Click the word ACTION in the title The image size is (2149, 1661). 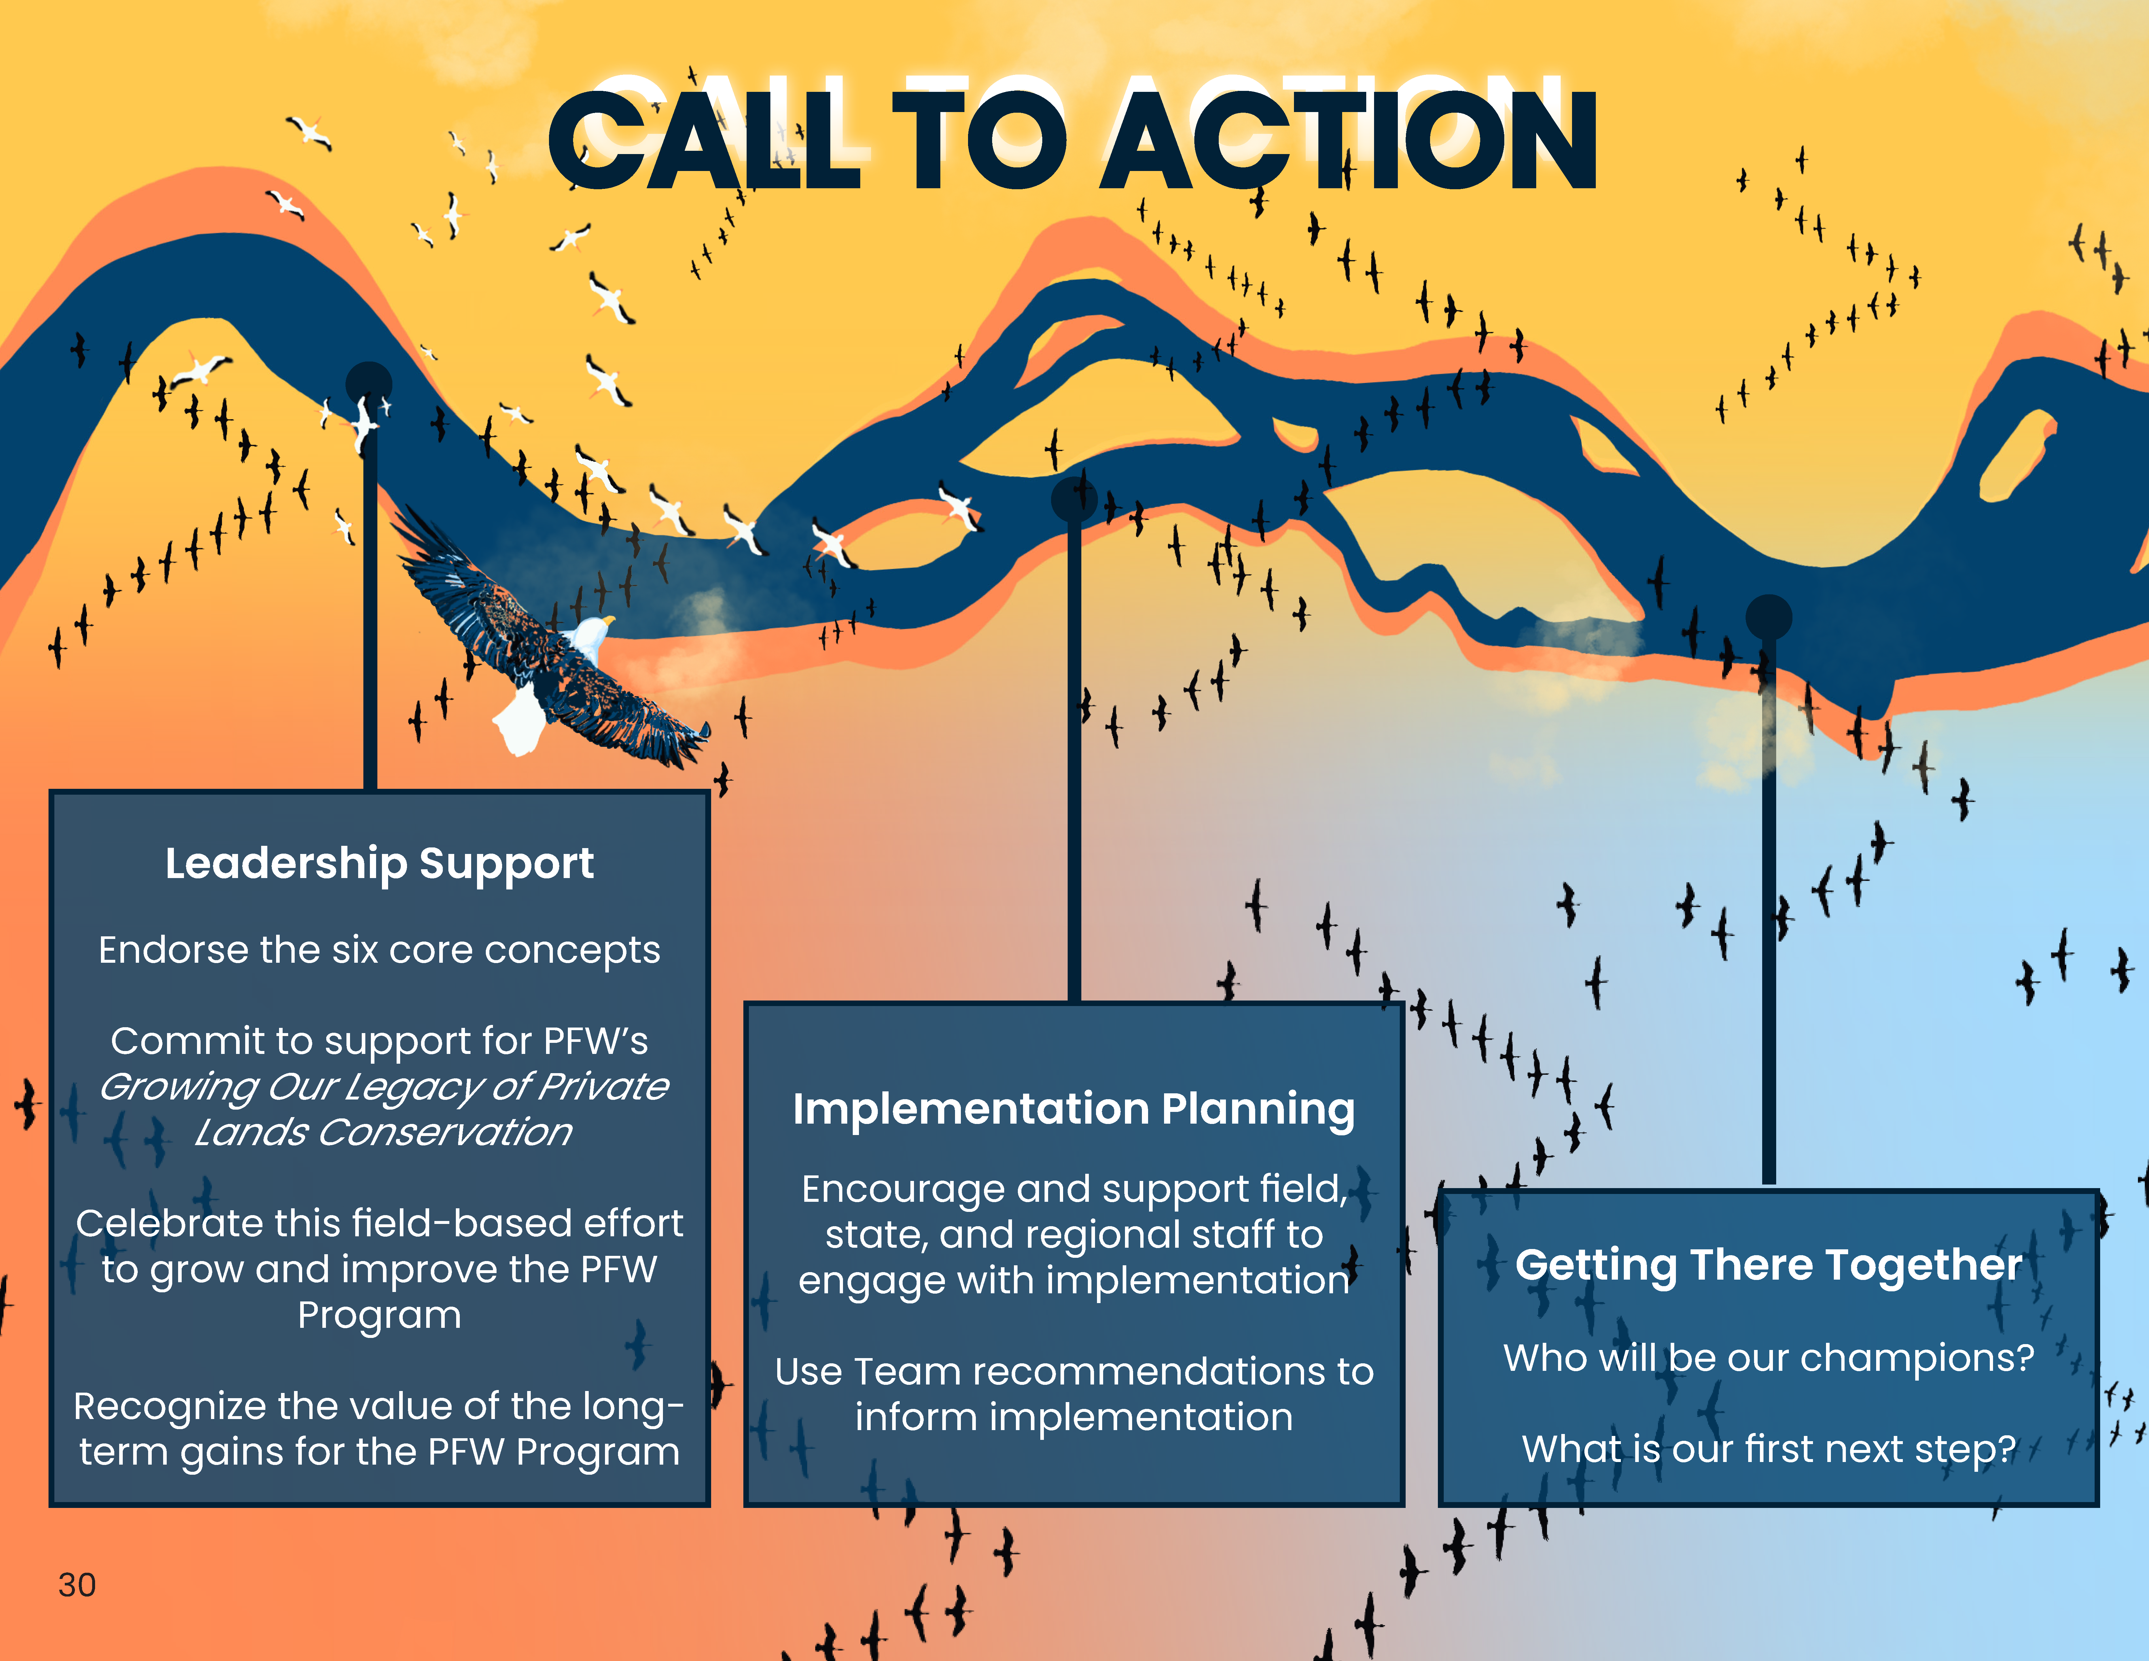pos(1348,140)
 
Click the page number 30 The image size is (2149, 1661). pos(77,1584)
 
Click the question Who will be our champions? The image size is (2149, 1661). pos(1768,1358)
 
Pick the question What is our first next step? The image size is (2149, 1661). pos(1768,1449)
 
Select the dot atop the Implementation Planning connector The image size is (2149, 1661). pos(1074,499)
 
